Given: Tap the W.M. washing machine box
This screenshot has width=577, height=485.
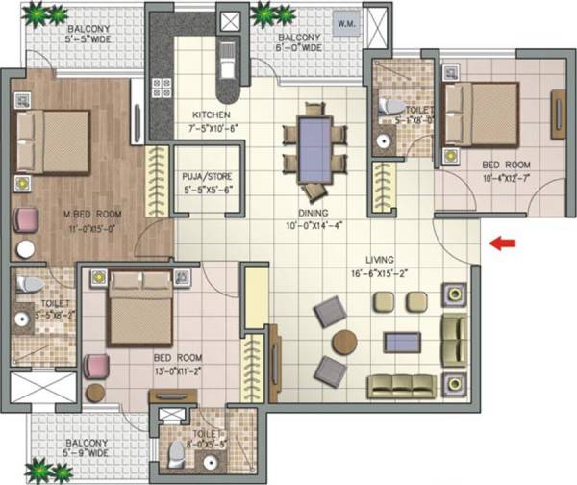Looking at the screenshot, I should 345,22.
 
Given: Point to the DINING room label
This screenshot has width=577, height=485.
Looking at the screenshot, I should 314,212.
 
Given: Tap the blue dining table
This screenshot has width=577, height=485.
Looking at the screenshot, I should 314,146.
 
